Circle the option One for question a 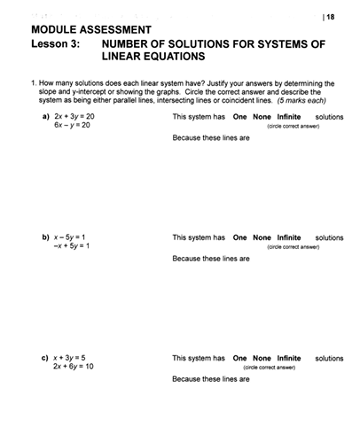point(239,116)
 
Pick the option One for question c point(239,358)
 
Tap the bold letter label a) point(45,116)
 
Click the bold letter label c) point(45,358)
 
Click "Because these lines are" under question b point(211,259)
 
